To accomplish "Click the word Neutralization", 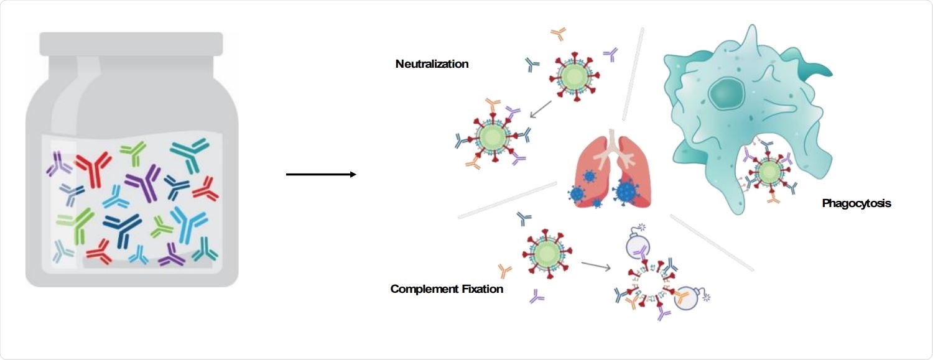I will pyautogui.click(x=432, y=64).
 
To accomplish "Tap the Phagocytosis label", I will pyautogui.click(x=856, y=203).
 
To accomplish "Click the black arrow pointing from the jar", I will pyautogui.click(x=321, y=175).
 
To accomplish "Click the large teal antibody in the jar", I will pyautogui.click(x=189, y=152).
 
